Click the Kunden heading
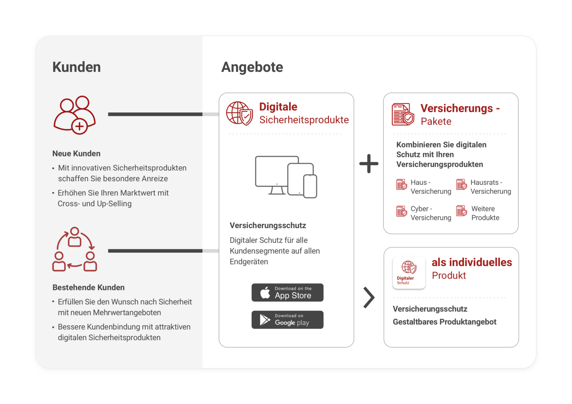(x=76, y=67)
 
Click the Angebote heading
(x=252, y=67)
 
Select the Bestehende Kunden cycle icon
(x=75, y=249)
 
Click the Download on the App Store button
(x=287, y=293)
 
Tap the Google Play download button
(x=287, y=320)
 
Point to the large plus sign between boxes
(x=369, y=164)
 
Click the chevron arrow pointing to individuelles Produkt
(x=369, y=298)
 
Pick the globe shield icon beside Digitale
(x=239, y=113)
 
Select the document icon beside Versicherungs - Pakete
(x=403, y=115)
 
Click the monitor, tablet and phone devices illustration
(x=286, y=177)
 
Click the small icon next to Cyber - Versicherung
(x=401, y=211)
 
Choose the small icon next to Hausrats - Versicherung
(x=461, y=185)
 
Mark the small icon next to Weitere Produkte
(x=461, y=211)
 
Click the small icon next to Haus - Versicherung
(x=401, y=185)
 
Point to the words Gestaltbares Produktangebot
(x=444, y=322)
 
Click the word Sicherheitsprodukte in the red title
(x=304, y=120)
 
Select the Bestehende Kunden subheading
(x=89, y=288)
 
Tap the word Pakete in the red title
(x=436, y=122)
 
